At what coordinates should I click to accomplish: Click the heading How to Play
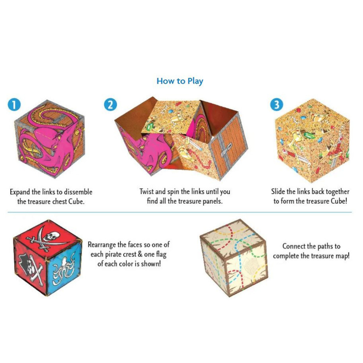pos(180,81)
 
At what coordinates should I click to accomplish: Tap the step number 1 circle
pos(13,105)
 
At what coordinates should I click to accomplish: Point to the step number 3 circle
pos(276,105)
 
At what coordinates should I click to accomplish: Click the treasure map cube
pos(234,256)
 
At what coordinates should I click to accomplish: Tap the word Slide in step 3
pos(279,192)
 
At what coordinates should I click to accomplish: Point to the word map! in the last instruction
pos(341,256)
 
